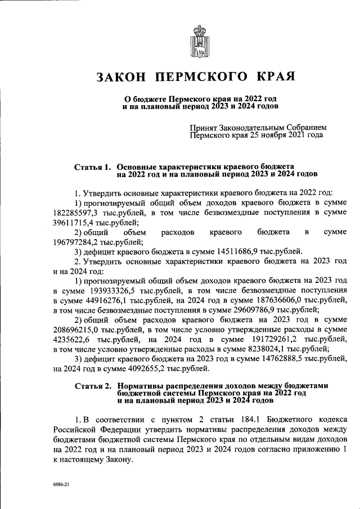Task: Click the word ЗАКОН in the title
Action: click(x=119, y=76)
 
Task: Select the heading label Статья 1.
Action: click(x=92, y=168)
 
